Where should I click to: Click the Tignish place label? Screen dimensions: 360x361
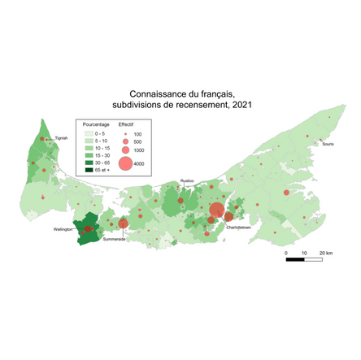click(61, 138)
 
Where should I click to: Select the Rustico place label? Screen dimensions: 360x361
click(187, 183)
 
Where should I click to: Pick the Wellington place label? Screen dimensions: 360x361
click(63, 229)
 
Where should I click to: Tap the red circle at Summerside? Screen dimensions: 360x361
click(123, 223)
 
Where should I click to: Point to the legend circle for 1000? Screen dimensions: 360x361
click(125, 150)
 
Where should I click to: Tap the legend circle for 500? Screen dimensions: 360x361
click(125, 141)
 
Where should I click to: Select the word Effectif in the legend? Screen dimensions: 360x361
click(126, 124)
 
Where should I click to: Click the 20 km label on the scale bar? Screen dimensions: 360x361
click(325, 254)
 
